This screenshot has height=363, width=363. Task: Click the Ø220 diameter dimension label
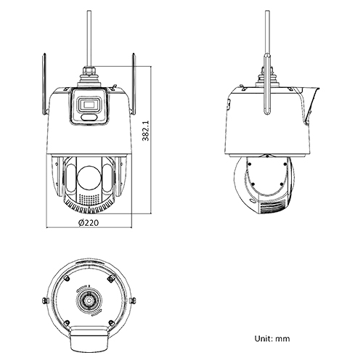(88, 223)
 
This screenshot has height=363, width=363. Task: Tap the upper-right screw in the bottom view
(111, 275)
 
